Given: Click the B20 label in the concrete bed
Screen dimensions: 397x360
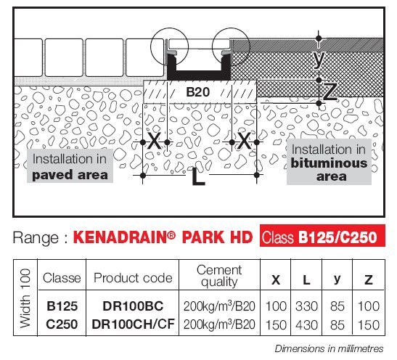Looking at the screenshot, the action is coord(197,92).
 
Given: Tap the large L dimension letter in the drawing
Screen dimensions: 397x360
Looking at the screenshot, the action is coord(198,176).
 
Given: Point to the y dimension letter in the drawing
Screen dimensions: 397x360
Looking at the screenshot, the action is coord(319,60).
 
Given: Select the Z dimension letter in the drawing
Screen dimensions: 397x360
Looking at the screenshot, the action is coord(330,92).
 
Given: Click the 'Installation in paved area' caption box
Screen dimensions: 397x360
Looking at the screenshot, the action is coord(70,165).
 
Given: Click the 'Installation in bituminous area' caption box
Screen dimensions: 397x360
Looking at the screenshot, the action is coord(329,162).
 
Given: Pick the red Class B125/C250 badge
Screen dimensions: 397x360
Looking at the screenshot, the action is coord(322,235).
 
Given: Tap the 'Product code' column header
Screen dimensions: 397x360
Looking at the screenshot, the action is coord(133,278).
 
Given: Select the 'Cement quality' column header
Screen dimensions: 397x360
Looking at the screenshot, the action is coord(219,276).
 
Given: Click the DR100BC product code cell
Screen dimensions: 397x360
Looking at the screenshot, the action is coord(133,306).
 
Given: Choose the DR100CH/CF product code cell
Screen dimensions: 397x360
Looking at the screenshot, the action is coord(133,324).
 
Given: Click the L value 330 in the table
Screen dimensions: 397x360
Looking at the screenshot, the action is coord(306,306).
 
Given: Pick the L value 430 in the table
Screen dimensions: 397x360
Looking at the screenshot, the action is coord(306,325).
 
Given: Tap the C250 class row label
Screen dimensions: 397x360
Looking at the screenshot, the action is coord(62,324).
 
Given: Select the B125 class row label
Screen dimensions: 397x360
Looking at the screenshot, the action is coord(62,306).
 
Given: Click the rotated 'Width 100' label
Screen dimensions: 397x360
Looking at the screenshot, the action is coord(25,298).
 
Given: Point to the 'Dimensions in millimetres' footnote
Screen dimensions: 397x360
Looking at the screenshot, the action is coord(329,348).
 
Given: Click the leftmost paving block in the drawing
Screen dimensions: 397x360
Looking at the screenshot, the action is coord(28,57).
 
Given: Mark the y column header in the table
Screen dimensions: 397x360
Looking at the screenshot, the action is coord(337,279).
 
